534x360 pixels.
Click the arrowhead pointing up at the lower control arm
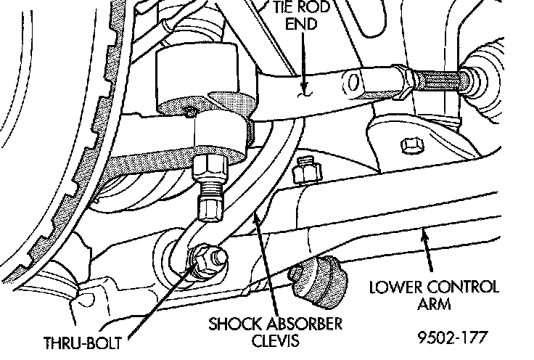(x=426, y=234)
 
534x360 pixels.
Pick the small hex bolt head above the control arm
(x=411, y=145)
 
